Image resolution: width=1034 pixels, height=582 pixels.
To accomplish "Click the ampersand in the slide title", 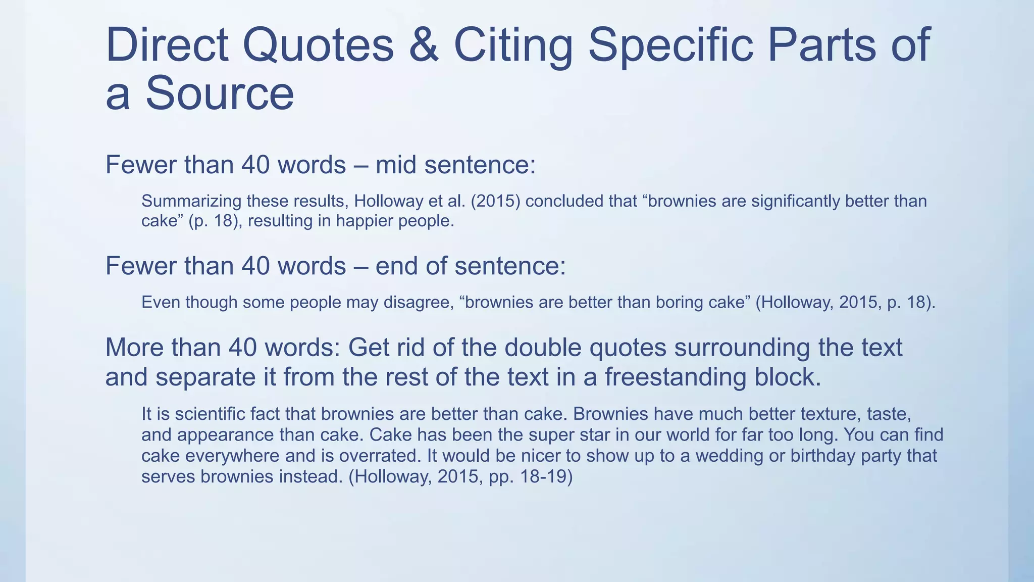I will coord(424,45).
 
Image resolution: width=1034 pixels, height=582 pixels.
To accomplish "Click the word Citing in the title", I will coord(513,45).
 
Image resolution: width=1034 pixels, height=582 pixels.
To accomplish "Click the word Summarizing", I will coord(191,202).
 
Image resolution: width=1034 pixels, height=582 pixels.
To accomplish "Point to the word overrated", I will coord(379,456).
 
